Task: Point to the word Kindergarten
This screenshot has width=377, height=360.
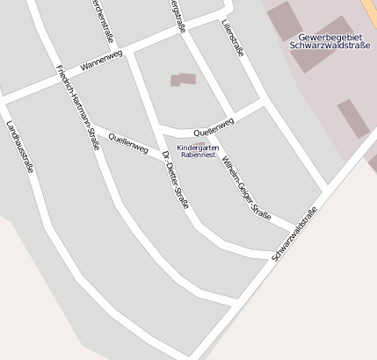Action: click(198, 148)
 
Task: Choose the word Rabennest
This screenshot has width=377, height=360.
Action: click(198, 155)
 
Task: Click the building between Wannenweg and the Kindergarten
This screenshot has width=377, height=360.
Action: click(183, 80)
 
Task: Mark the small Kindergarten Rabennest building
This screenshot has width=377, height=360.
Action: click(199, 142)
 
